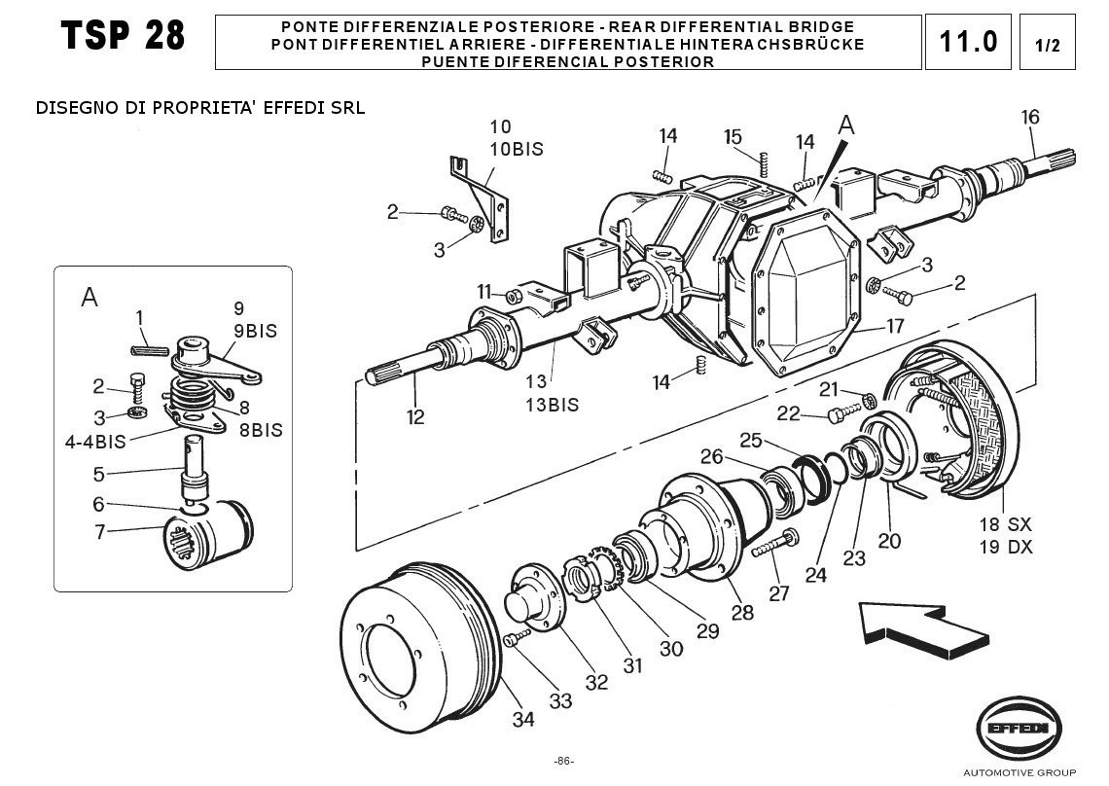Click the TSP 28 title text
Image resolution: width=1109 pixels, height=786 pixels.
click(x=123, y=37)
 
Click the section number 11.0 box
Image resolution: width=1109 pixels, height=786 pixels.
click(x=968, y=42)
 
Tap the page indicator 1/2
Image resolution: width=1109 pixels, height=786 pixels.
click(x=1048, y=45)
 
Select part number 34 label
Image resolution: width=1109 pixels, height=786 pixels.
click(x=523, y=720)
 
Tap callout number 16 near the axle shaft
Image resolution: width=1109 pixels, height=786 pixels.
click(x=1030, y=118)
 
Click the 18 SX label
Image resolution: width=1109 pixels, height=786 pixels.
click(x=1005, y=524)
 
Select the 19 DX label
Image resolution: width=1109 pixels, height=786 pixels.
click(x=1005, y=547)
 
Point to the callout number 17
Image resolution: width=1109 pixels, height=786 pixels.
click(x=895, y=326)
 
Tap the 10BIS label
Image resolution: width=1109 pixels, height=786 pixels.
click(x=516, y=149)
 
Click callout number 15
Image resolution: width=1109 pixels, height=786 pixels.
click(x=733, y=136)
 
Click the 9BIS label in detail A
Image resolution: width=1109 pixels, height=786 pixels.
click(x=255, y=331)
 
